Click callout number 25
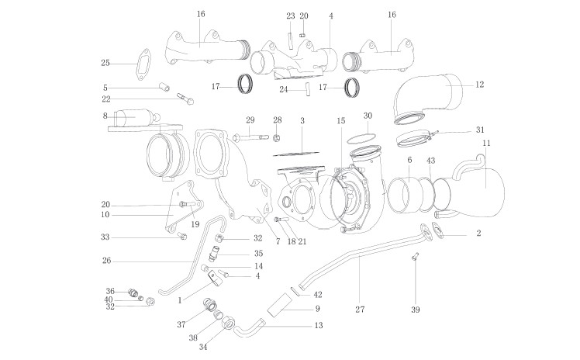105,63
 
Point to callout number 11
485,144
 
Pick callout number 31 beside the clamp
480,129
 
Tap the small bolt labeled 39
416,257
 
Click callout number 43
431,160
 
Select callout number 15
340,120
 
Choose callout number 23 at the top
290,16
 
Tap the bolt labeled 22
185,98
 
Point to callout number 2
478,233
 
